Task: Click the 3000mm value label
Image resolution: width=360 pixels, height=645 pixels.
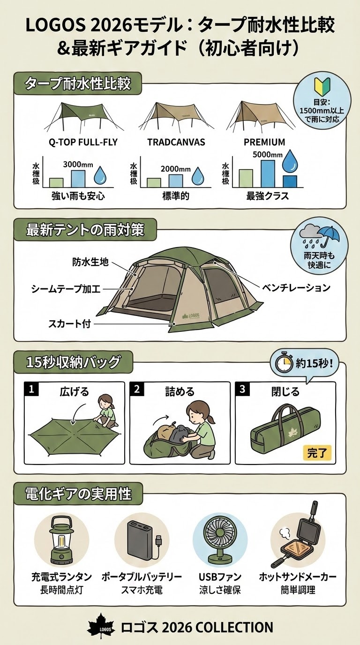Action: point(78,165)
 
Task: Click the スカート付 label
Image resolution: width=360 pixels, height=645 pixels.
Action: point(69,323)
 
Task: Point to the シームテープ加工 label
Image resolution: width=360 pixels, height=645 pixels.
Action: point(66,289)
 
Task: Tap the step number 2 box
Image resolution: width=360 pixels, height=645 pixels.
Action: point(137,389)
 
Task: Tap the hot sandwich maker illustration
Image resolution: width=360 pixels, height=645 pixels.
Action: point(297,537)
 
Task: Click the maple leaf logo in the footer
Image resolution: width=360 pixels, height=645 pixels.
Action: point(100,627)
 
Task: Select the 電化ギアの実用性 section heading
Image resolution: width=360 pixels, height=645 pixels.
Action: point(79,494)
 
